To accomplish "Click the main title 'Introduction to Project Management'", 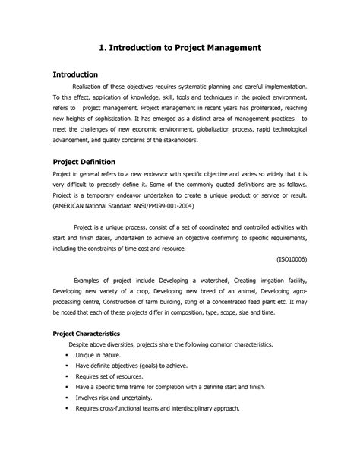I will coord(186,47).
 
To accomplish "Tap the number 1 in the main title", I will coord(102,47).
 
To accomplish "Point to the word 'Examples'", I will coord(89,280).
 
